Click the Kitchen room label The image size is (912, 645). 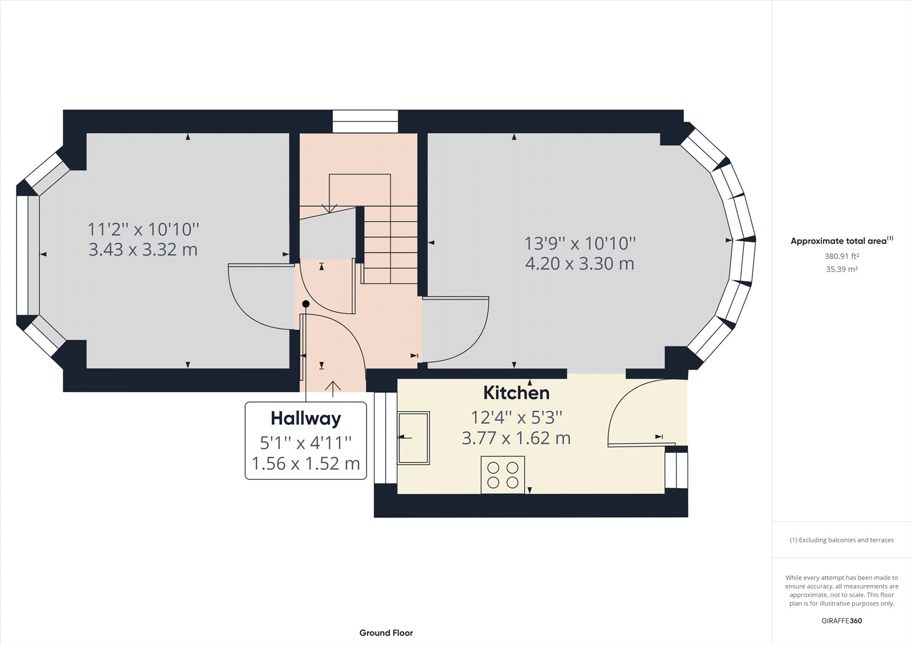(516, 393)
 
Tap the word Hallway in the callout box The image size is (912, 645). (306, 418)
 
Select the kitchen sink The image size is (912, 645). (414, 438)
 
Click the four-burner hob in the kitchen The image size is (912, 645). (503, 475)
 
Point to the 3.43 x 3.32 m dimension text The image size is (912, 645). (143, 250)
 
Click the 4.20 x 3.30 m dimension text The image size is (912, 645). (580, 264)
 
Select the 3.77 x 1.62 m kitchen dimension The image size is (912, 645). (516, 439)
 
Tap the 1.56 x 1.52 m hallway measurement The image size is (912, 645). (306, 464)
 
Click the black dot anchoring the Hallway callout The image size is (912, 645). (306, 304)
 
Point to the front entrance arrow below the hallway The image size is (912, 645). (333, 388)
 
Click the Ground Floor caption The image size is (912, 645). (386, 632)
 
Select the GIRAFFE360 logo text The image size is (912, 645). (841, 620)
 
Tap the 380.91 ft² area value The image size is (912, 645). (841, 257)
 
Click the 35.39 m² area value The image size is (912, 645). (841, 269)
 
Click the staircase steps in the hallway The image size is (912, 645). (390, 245)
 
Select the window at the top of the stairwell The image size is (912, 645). (365, 121)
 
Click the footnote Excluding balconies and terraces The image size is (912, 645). (841, 540)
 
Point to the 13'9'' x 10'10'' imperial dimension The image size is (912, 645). (580, 244)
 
